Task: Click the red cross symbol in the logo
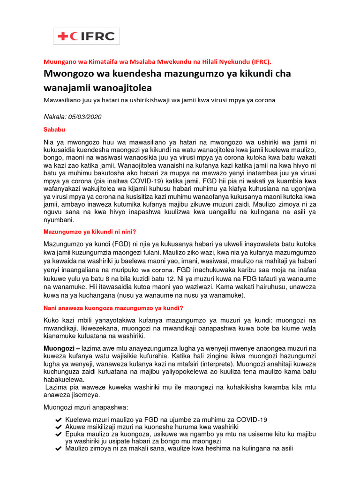62,36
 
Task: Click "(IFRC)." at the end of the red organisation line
259,61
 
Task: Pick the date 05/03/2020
86,116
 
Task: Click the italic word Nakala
55,116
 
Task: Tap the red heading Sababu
54,129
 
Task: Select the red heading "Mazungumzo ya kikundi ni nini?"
90,232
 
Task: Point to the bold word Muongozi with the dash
62,348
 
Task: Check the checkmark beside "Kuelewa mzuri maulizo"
58,420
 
